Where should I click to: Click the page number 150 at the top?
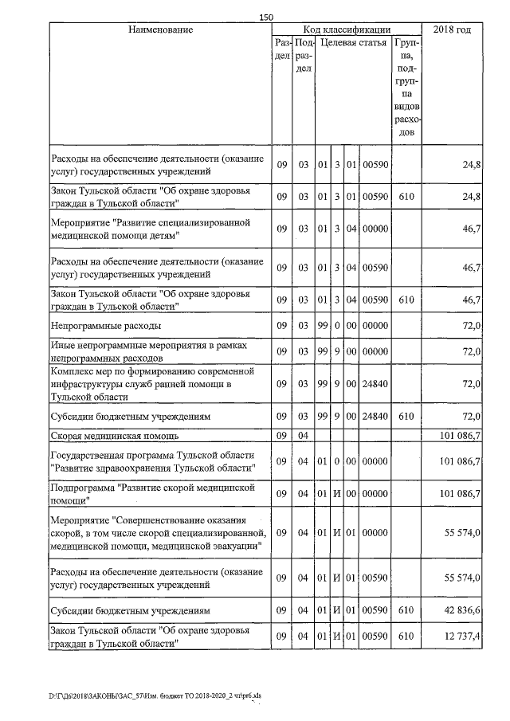(266, 18)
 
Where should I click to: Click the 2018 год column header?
(451, 29)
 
